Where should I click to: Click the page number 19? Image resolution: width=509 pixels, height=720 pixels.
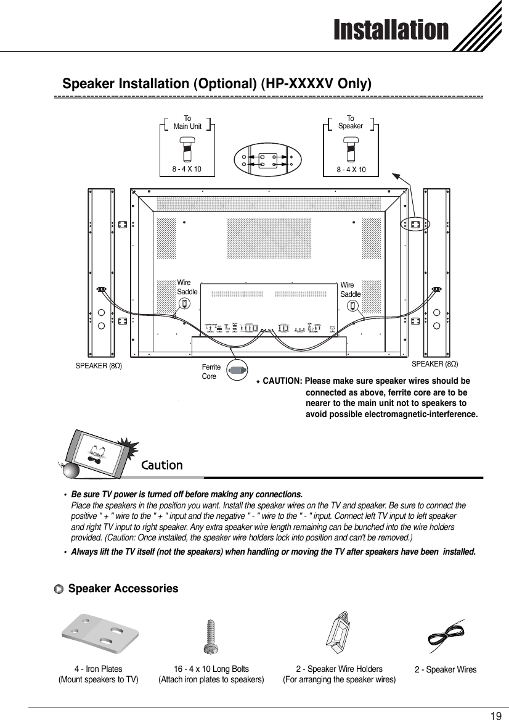[x=495, y=716]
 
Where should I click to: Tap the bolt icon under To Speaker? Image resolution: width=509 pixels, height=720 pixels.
[x=350, y=150]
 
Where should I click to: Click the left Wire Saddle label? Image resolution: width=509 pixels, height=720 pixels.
[x=187, y=287]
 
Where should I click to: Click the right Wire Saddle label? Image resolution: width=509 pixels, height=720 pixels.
[x=350, y=290]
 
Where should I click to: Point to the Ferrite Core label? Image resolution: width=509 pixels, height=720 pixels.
[x=211, y=371]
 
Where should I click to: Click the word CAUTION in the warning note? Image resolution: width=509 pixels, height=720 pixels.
[x=282, y=381]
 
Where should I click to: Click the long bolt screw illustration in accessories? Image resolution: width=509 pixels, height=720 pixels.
[x=211, y=637]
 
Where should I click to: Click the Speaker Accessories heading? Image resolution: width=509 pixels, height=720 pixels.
[x=123, y=589]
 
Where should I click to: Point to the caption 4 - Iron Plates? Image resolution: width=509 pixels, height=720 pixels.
[x=98, y=669]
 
